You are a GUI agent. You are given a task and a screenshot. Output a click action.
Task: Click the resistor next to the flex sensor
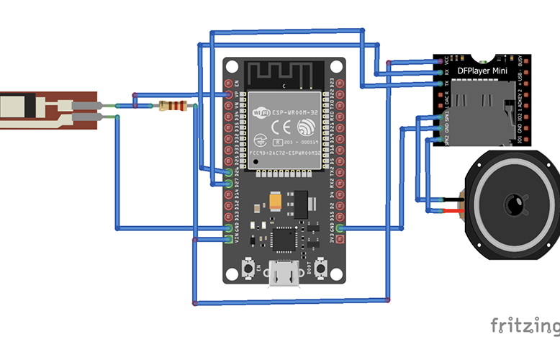pos(173,107)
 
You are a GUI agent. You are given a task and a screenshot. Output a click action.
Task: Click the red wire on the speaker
pos(449,211)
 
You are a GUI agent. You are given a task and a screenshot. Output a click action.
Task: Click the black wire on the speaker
pos(449,199)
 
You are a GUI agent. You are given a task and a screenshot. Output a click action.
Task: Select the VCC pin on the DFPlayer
pos(439,62)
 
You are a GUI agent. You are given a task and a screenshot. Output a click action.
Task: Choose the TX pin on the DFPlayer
pos(439,84)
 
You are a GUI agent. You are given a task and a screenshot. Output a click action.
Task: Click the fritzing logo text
pos(524,326)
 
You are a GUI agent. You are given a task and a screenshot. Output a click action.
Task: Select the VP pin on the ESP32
pos(229,94)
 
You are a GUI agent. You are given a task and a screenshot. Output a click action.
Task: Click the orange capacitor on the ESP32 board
pos(276,199)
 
